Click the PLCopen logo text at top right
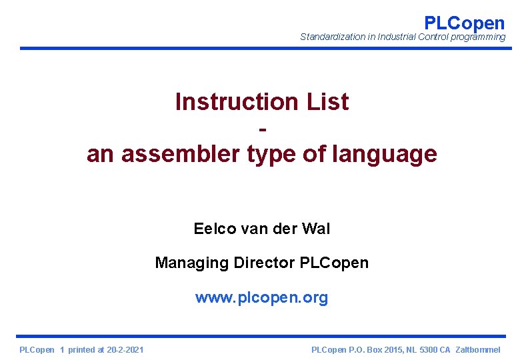[464, 23]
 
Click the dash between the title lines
[261, 127]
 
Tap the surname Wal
[316, 229]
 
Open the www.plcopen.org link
[261, 297]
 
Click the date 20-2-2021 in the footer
[125, 350]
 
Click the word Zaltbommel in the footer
[477, 350]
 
